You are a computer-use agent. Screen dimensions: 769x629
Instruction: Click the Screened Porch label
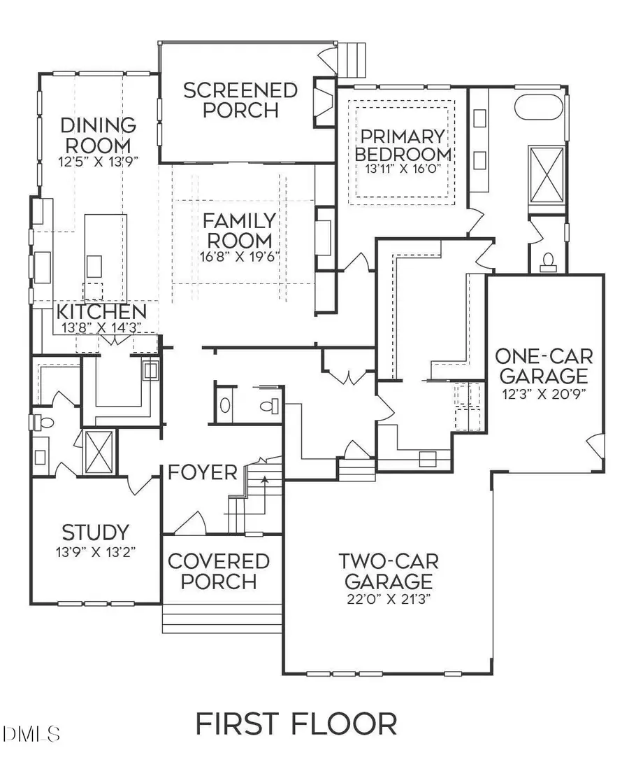(230, 100)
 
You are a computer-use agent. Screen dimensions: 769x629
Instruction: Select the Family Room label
(239, 231)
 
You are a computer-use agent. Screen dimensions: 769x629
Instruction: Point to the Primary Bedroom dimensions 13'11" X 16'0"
(401, 168)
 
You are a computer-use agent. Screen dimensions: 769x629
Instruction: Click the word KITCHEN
(101, 311)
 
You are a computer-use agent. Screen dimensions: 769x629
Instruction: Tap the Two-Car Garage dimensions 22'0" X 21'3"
(386, 600)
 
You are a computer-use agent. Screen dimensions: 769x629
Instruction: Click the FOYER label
(203, 472)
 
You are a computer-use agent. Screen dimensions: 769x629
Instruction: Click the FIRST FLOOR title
(296, 724)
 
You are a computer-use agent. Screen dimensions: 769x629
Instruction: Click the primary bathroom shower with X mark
(547, 169)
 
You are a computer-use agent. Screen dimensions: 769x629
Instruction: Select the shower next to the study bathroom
(98, 452)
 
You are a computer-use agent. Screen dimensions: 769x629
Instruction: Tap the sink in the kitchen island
(94, 264)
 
